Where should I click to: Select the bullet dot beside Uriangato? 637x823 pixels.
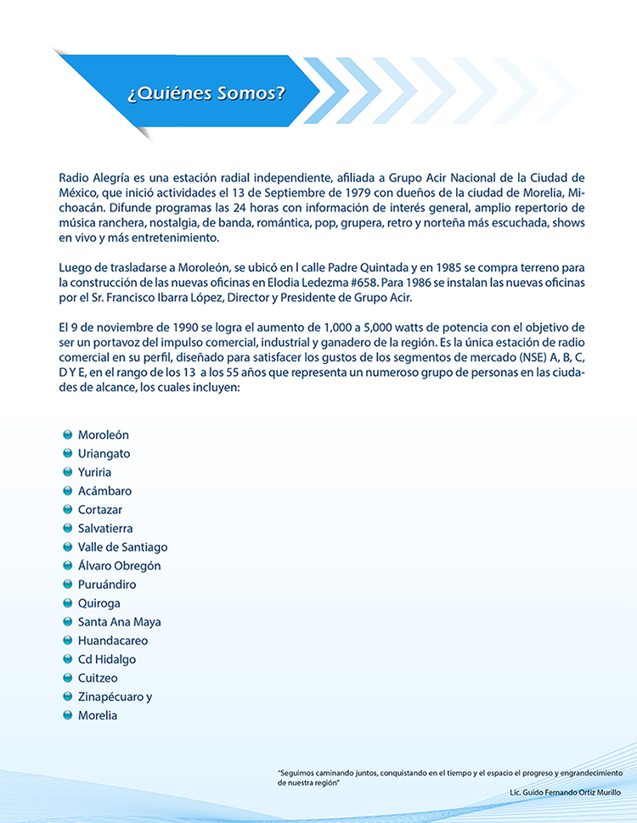pos(68,453)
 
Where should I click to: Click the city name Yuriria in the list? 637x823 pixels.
pos(94,472)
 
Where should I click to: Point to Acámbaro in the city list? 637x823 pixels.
pos(104,490)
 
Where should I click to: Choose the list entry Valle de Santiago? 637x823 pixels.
pos(122,546)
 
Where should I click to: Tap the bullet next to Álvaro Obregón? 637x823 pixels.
pos(68,565)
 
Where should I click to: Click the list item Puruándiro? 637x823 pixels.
pos(107,584)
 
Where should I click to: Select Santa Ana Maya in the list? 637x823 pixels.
pos(119,621)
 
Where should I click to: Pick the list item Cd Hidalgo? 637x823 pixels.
pos(106,658)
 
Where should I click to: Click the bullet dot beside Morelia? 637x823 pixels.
pos(68,714)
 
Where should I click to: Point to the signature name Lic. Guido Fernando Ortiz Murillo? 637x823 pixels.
pos(565,792)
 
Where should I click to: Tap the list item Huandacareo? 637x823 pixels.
pos(113,640)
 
